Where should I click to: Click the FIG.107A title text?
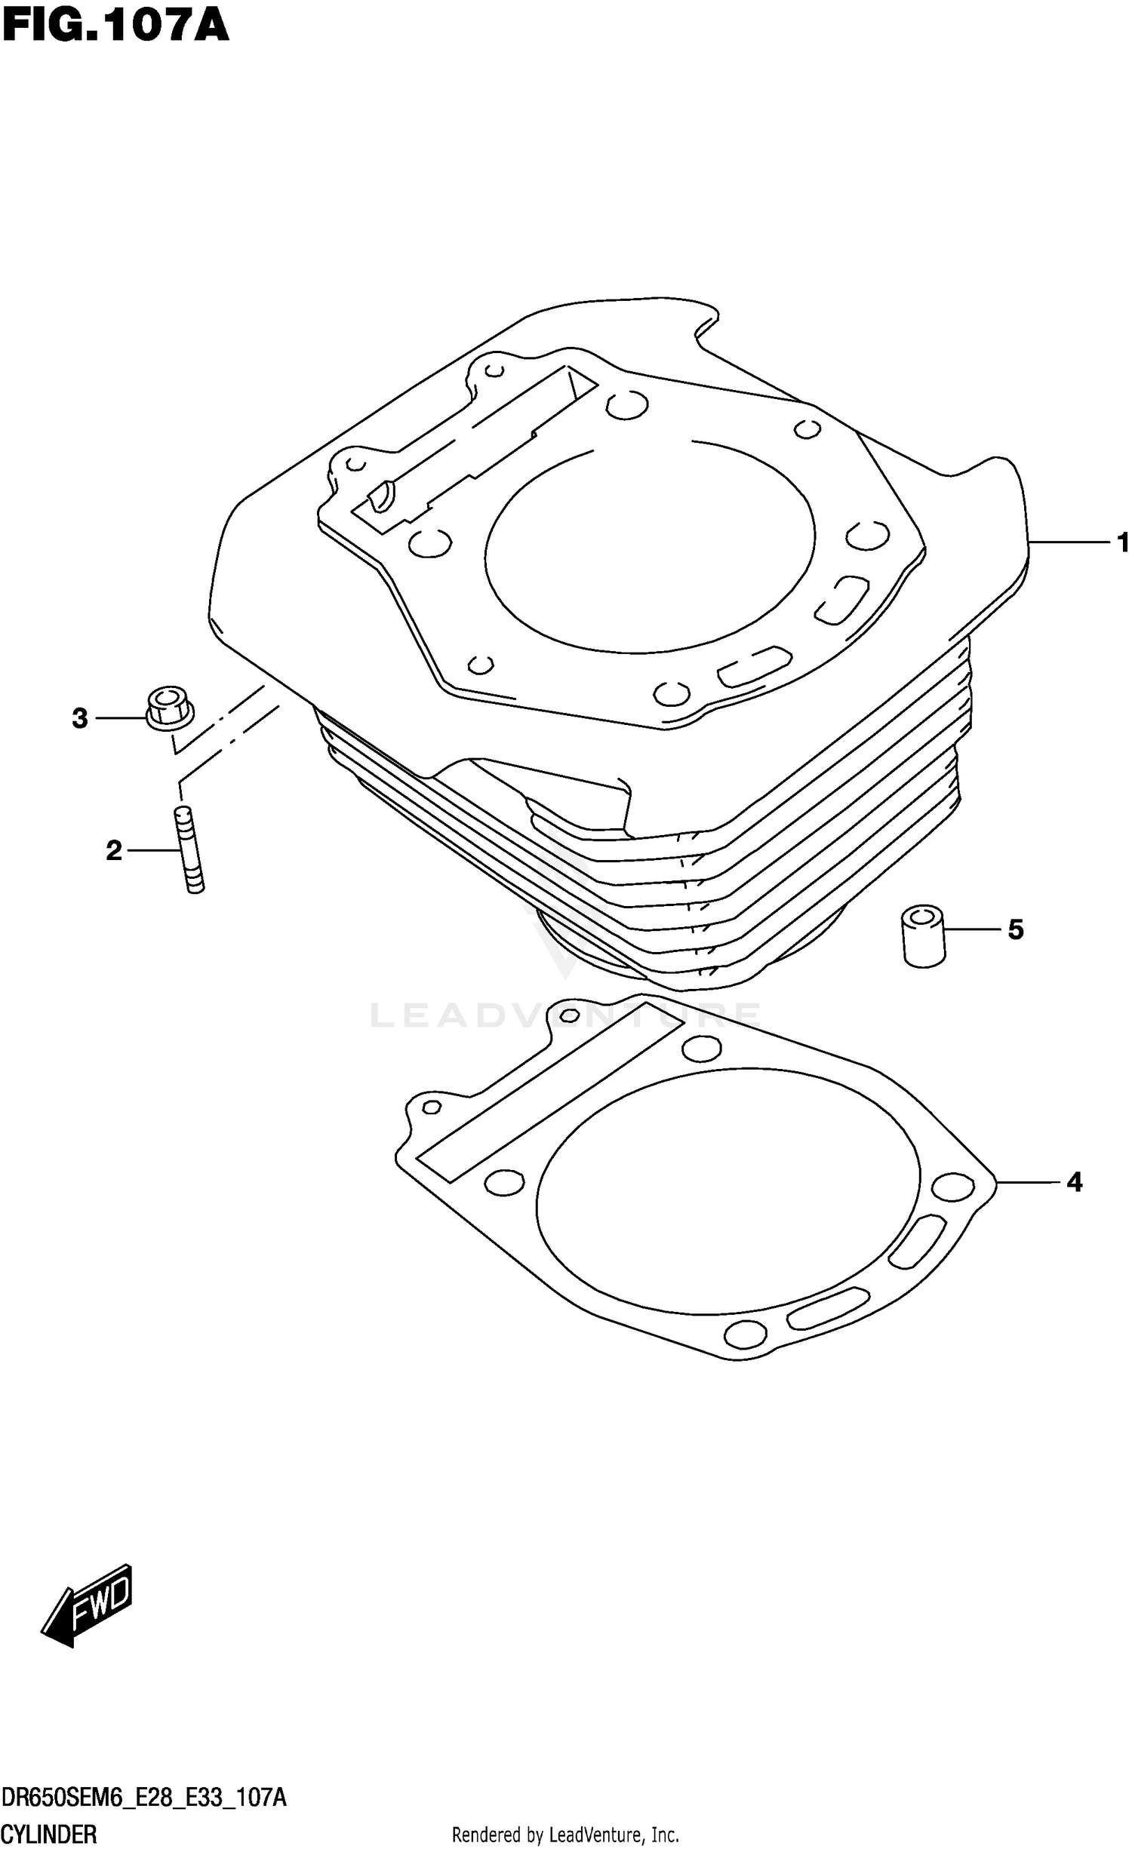[115, 26]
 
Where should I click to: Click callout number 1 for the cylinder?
[1122, 542]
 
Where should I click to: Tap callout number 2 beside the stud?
[114, 851]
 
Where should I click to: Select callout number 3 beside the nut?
[80, 718]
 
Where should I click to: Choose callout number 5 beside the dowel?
[1016, 929]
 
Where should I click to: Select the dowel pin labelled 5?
[924, 937]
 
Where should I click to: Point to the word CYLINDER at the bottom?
[49, 1834]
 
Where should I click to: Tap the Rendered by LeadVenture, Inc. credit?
[565, 1834]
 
